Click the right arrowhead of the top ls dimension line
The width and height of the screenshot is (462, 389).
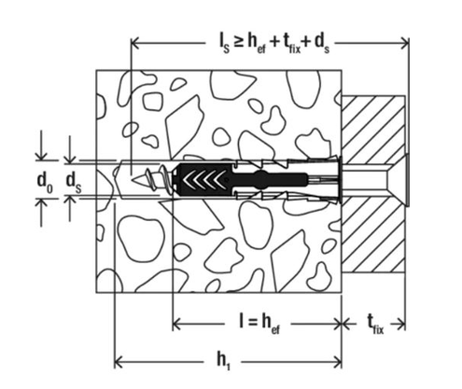coord(405,41)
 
